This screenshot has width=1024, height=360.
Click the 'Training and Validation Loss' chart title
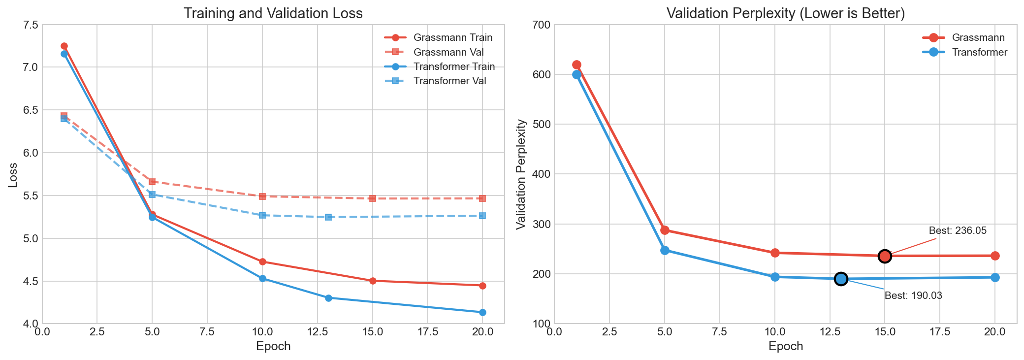click(x=273, y=13)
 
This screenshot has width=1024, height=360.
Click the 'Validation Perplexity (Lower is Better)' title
click(x=786, y=13)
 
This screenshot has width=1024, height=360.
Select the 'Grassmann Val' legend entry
click(x=448, y=52)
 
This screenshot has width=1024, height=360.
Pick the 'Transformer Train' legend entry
click(x=454, y=66)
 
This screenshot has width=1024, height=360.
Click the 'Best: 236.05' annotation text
click(x=958, y=230)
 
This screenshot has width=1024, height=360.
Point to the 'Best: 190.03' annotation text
click(x=913, y=296)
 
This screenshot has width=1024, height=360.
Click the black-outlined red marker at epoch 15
click(x=885, y=256)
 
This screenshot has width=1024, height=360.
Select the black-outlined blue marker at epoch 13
click(x=841, y=279)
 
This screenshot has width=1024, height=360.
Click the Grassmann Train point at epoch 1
click(x=64, y=46)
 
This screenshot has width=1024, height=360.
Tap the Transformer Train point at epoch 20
click(x=482, y=312)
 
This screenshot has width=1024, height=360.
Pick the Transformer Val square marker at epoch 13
click(x=328, y=217)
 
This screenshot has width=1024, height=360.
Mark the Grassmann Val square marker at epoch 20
click(x=482, y=198)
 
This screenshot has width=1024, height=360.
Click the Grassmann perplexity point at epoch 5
click(x=665, y=230)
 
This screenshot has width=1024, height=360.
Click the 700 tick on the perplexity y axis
click(x=541, y=25)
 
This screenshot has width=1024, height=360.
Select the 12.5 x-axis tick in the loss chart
click(x=317, y=332)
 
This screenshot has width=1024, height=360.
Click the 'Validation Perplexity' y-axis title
click(x=520, y=174)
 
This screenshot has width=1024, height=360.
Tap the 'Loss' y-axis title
click(x=13, y=174)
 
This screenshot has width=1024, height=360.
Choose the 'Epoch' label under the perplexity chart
click(x=786, y=346)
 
